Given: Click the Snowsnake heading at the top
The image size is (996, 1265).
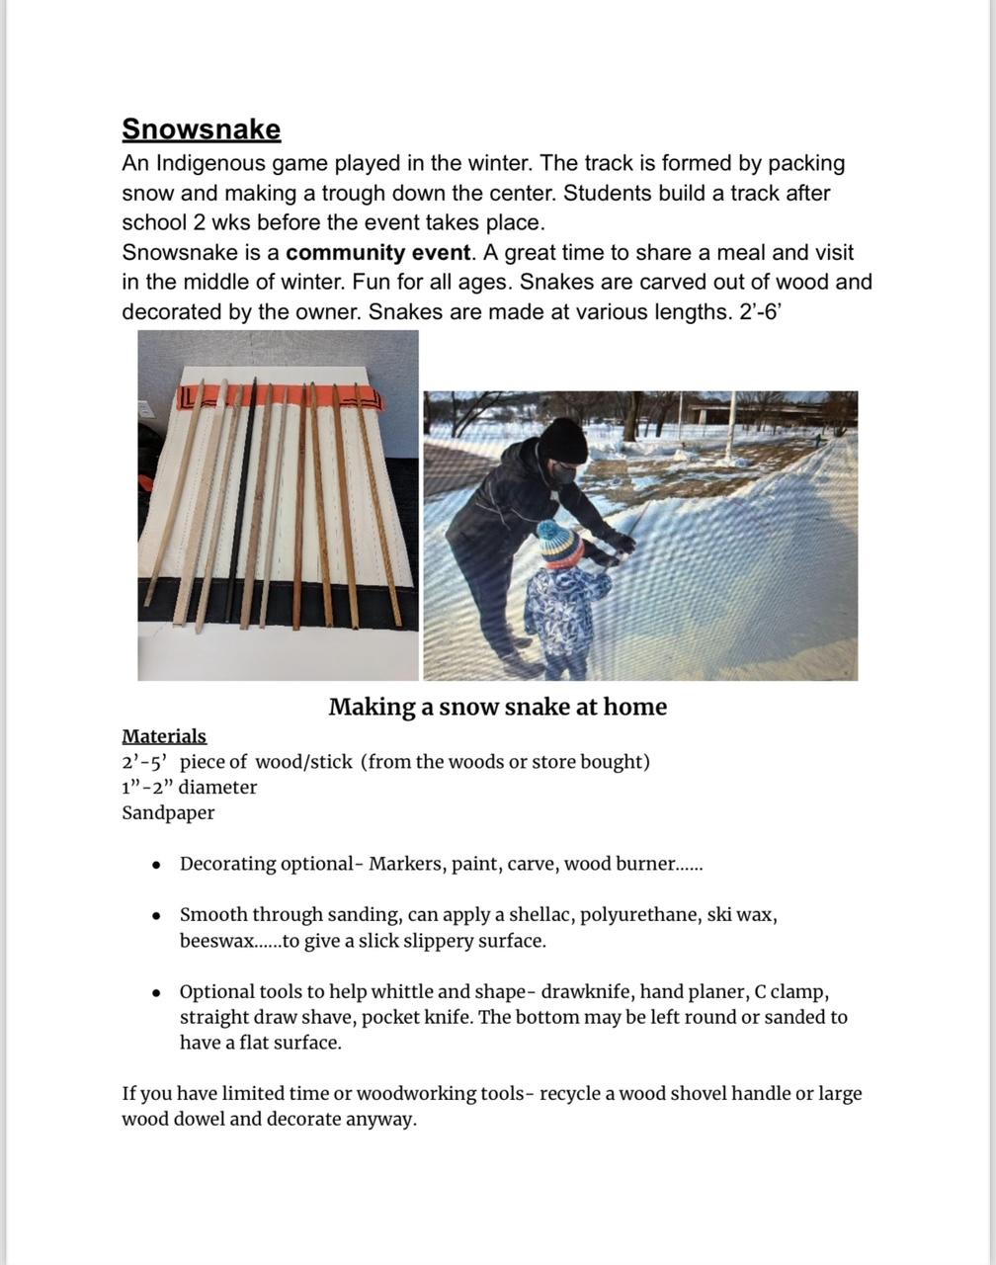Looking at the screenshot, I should point(202,129).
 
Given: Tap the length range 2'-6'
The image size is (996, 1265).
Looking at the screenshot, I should point(761,311).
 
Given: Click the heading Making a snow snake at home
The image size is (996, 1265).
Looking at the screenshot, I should point(497,707).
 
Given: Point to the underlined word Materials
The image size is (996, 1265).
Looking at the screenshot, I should point(164,736).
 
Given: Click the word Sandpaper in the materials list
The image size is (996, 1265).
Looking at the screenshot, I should point(168,812).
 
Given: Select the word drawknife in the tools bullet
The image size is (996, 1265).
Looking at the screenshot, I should point(582,991).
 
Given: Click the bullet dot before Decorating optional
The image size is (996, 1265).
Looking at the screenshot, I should point(157,865).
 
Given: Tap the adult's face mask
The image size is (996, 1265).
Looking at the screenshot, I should point(563,474).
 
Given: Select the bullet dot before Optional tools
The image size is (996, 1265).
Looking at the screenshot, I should point(157,992).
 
